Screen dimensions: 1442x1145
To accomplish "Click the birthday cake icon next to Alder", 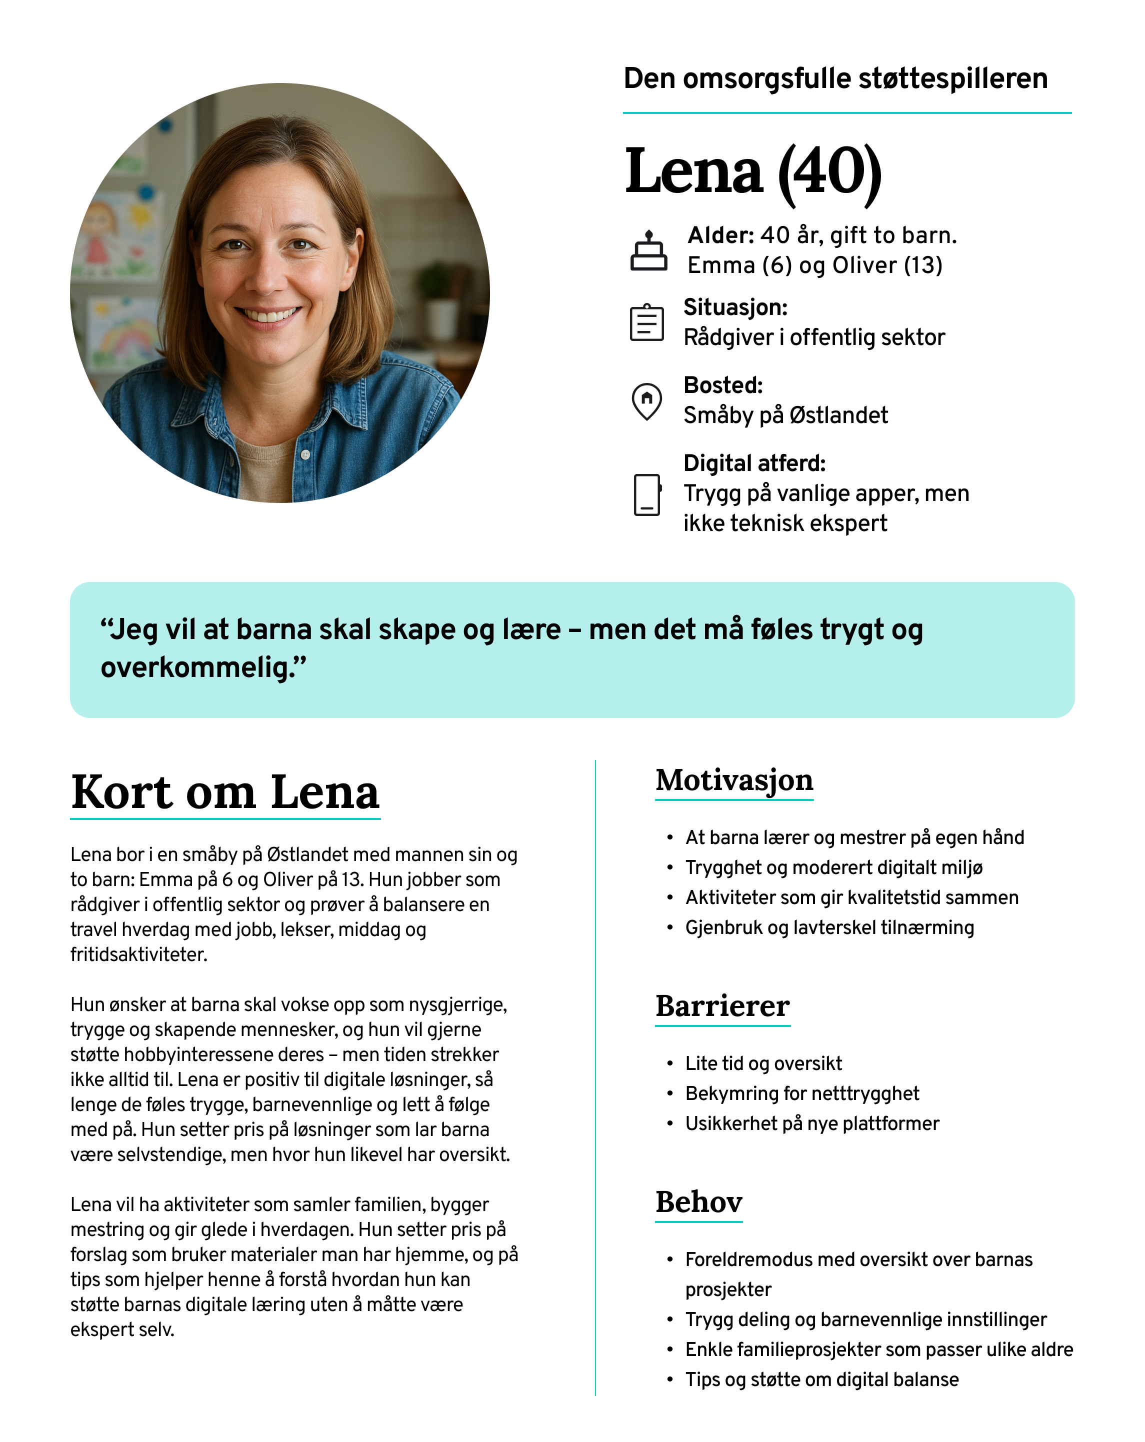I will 648,251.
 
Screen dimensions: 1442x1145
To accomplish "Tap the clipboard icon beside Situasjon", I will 646,322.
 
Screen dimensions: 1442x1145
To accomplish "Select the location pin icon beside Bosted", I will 646,401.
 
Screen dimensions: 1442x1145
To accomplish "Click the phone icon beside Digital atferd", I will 646,495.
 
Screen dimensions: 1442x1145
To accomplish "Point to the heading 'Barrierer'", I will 722,1006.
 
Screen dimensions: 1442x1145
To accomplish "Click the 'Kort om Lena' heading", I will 225,792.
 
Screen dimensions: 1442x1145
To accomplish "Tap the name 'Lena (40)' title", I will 753,171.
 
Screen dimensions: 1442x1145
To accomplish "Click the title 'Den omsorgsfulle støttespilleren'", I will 835,79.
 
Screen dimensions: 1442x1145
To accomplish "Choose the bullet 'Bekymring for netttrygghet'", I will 802,1093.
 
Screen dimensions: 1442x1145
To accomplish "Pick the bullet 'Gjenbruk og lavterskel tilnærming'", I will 829,927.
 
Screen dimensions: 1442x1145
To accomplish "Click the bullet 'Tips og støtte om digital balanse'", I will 822,1379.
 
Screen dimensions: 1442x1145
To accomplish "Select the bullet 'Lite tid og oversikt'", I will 763,1063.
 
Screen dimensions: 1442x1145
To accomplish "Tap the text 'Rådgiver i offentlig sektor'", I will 814,337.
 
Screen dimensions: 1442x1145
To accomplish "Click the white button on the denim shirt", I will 305,455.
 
